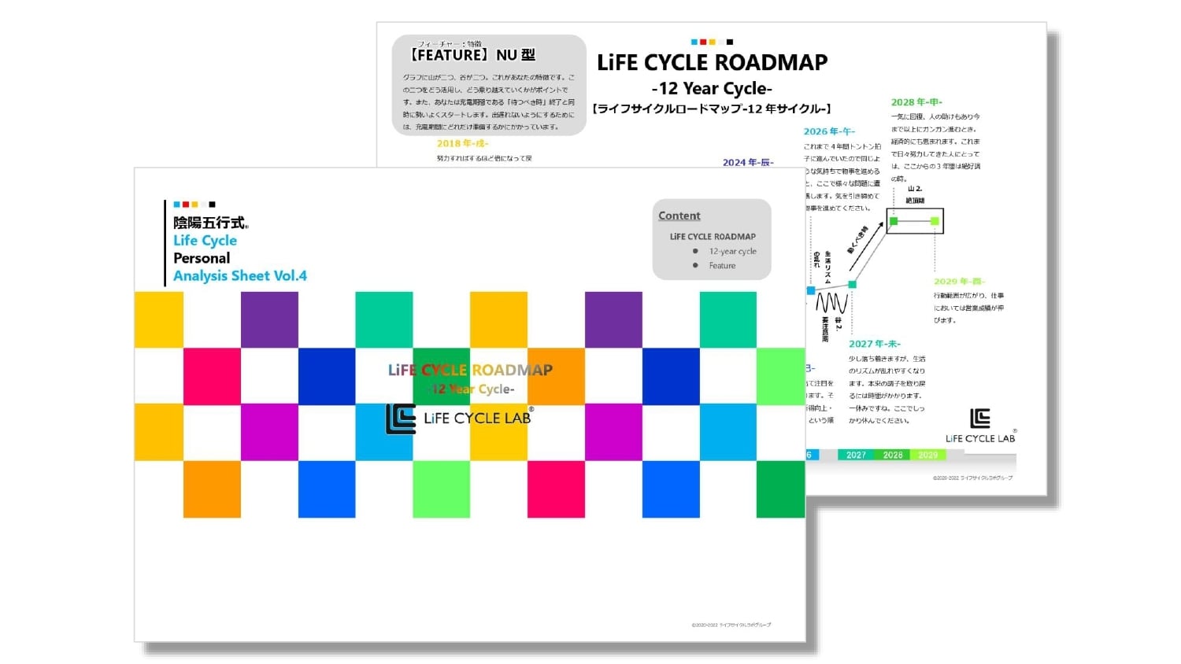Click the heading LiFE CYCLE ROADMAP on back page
point(712,63)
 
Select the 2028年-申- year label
point(916,102)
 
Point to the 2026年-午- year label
point(829,131)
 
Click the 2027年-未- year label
point(874,344)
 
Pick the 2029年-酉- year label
point(959,281)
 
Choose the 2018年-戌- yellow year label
point(462,143)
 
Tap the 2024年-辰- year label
point(748,162)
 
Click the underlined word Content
point(679,216)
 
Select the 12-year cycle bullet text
point(732,251)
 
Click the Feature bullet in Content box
point(722,266)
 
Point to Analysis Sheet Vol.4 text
point(240,276)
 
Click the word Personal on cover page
point(202,258)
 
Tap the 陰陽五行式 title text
point(209,223)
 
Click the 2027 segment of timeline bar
point(856,455)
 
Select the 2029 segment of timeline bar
point(927,455)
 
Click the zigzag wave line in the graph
point(831,303)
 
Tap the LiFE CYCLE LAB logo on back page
point(980,426)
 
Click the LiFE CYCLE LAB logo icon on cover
point(400,419)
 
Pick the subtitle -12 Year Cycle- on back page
point(712,88)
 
